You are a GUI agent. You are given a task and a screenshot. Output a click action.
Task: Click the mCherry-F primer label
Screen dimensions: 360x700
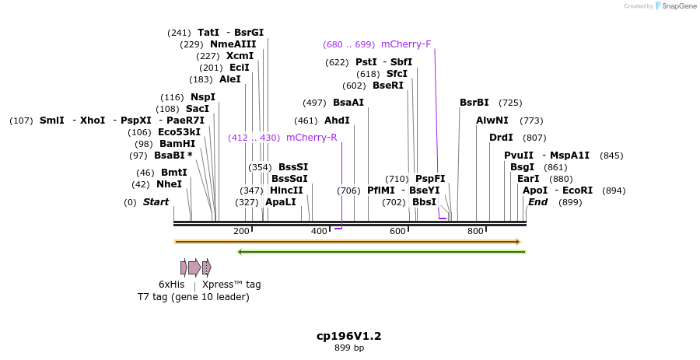tap(406, 44)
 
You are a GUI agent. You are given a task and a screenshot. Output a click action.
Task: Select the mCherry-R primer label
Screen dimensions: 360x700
tap(311, 138)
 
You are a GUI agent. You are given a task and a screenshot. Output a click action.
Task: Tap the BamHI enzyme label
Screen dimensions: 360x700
tap(177, 144)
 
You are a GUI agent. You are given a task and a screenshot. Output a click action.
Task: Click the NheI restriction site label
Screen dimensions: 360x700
tap(169, 184)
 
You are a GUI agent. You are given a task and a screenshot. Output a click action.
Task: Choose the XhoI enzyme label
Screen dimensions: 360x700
tap(93, 121)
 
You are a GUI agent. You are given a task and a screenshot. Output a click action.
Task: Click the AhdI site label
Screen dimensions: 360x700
tap(337, 121)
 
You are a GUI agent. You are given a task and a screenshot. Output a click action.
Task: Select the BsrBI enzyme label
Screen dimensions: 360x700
tap(474, 103)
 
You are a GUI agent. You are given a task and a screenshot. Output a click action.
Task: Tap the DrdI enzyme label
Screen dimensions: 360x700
tap(501, 138)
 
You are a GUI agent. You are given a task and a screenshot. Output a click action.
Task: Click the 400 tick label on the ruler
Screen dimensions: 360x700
tap(319, 232)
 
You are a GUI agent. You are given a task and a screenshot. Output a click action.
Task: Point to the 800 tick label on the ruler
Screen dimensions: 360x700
tap(475, 232)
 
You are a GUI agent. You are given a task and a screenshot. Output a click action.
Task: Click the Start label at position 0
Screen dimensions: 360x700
tap(156, 202)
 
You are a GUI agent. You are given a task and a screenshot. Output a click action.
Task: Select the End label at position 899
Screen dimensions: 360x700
tap(538, 202)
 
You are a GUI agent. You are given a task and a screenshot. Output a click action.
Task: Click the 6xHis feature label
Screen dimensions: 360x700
tap(172, 285)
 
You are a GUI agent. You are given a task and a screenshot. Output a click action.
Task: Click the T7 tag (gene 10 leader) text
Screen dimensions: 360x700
tap(194, 297)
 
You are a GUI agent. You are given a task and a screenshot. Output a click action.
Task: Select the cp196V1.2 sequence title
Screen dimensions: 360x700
tap(348, 336)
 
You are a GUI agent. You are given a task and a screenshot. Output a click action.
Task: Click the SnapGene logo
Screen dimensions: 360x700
tap(675, 6)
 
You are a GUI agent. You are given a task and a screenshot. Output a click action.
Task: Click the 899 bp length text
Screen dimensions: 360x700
tap(348, 348)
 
